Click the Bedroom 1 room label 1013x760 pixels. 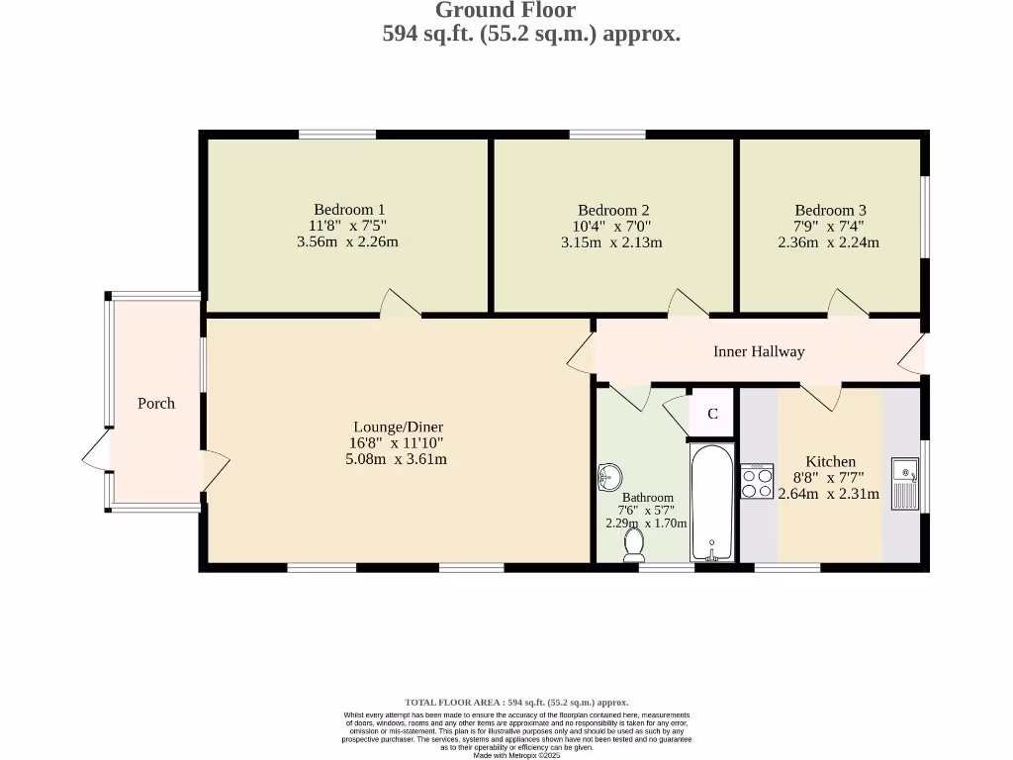pos(348,210)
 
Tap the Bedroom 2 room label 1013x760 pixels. pos(613,210)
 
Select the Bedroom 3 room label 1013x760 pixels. pos(830,210)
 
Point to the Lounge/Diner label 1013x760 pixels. pos(395,427)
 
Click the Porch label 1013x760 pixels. pos(155,403)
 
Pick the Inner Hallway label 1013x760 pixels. pos(759,351)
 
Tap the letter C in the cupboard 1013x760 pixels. pos(712,414)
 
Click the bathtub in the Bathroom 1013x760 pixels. pos(711,503)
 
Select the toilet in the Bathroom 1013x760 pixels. pos(634,543)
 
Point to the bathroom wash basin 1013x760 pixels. pos(609,478)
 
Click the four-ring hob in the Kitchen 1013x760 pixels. pos(758,482)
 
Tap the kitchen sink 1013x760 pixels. pos(904,483)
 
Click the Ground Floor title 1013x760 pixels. pos(506,11)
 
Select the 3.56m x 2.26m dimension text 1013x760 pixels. pos(347,242)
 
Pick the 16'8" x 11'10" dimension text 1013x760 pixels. pos(395,443)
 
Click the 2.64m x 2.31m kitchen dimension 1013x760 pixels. pos(828,494)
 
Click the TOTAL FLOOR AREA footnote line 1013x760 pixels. pos(516,702)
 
